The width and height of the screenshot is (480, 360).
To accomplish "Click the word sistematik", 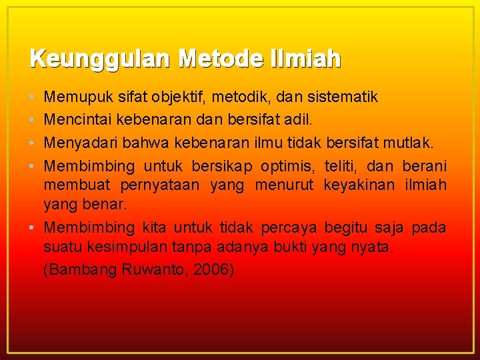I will coord(344,98).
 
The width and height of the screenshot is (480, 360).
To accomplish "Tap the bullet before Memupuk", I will coord(33,98).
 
